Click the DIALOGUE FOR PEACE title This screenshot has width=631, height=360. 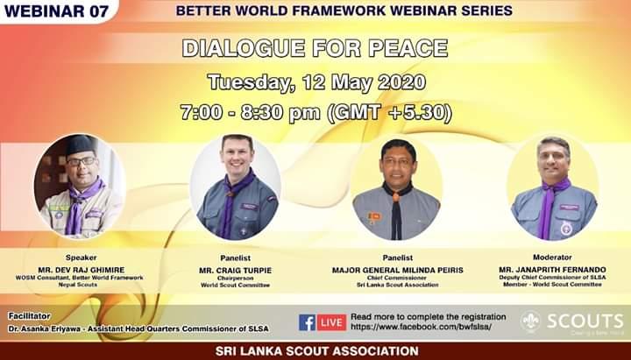click(x=315, y=48)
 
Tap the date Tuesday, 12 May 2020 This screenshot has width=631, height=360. click(x=316, y=83)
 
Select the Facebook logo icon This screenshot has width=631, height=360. click(x=307, y=322)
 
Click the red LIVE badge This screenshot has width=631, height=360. click(x=331, y=322)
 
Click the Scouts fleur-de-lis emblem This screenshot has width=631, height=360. click(x=531, y=321)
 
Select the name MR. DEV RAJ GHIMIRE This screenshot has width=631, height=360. click(x=80, y=270)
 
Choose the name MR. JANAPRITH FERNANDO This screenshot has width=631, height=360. click(x=551, y=270)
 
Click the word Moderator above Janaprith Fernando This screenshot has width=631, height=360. click(x=551, y=258)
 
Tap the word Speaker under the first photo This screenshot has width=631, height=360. click(x=80, y=258)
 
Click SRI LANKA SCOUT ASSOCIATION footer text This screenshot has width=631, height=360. click(x=315, y=351)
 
